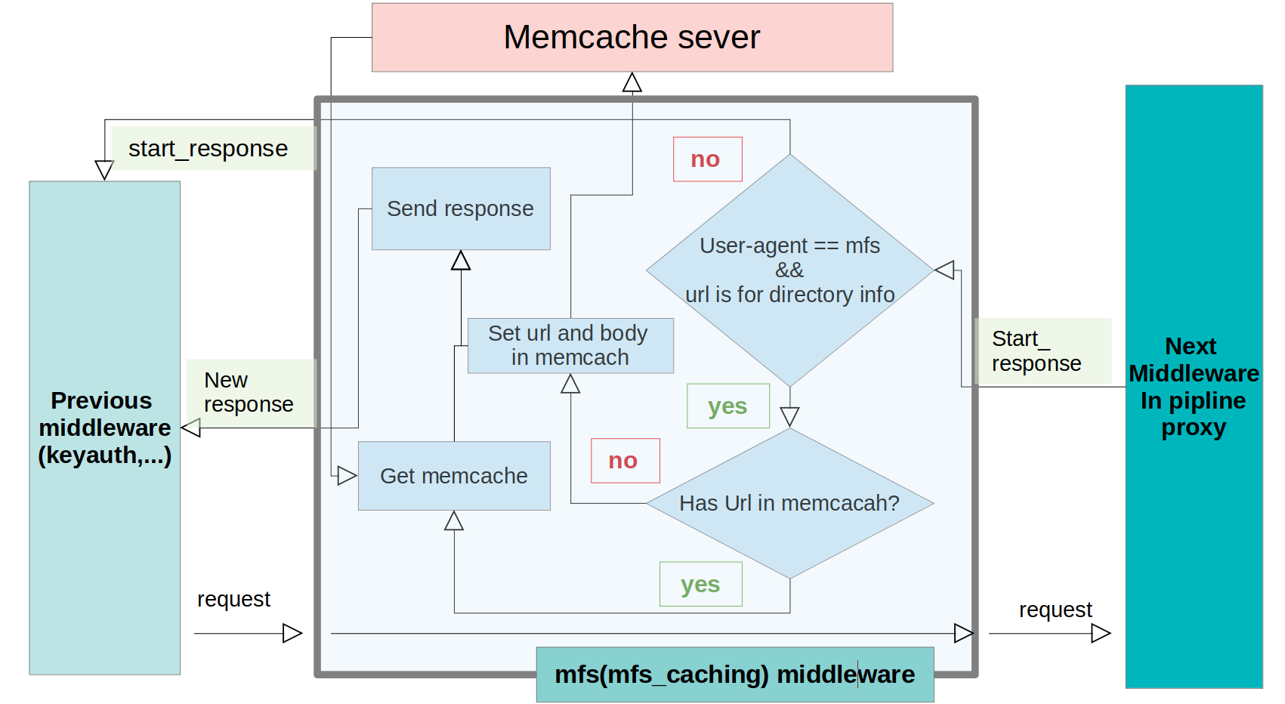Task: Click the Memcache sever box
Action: click(632, 38)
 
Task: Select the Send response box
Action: click(461, 208)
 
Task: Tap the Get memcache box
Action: click(454, 476)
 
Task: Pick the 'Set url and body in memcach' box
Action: click(570, 345)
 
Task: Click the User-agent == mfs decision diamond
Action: click(789, 270)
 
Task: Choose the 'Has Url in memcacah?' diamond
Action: click(789, 503)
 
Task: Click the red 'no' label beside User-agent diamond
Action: click(707, 159)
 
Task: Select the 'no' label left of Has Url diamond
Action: click(625, 460)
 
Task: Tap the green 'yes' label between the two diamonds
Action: click(727, 406)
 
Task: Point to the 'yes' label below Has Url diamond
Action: click(700, 584)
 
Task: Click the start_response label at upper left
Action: click(209, 148)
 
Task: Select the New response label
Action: click(249, 393)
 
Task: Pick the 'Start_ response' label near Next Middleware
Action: click(1037, 351)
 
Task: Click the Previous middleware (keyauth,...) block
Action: click(104, 428)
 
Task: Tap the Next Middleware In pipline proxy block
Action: click(1194, 387)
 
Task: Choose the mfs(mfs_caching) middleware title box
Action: click(734, 674)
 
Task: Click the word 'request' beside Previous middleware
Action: click(233, 599)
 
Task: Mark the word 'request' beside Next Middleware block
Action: click(1055, 610)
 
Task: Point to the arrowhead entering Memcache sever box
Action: click(632, 82)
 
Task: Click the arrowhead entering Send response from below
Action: click(461, 261)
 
